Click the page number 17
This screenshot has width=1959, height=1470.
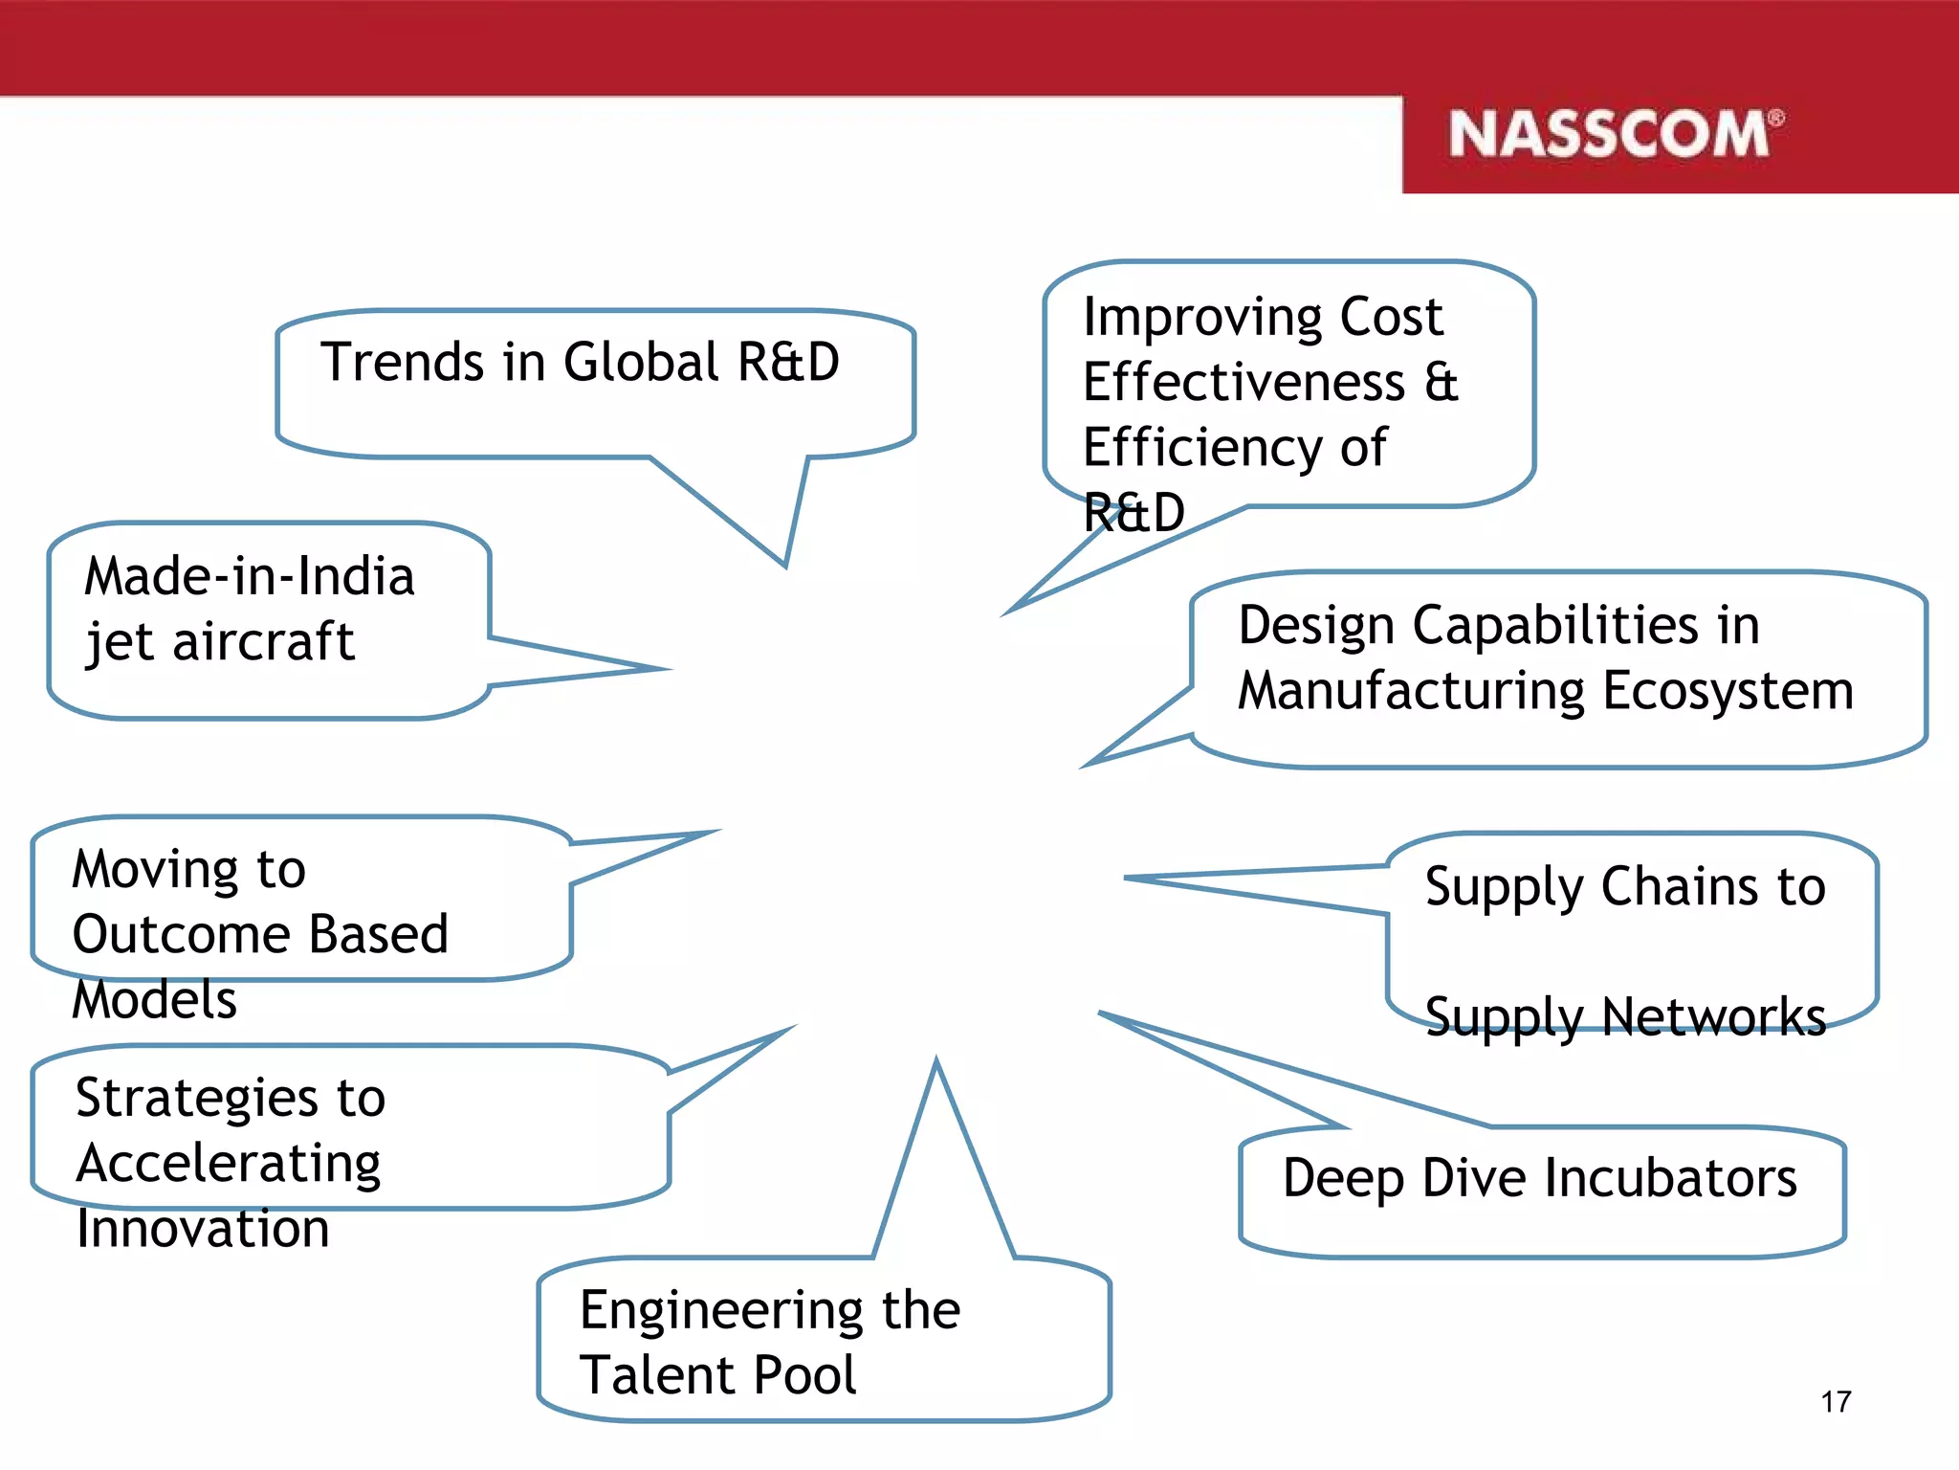point(1836,1402)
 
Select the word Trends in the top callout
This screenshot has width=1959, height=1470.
point(403,363)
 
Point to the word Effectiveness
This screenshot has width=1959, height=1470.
point(1244,383)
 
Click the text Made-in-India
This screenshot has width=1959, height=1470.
point(250,577)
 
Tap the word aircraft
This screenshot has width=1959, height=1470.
point(263,641)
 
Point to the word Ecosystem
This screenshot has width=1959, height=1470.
point(1728,691)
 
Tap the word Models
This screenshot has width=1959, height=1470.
point(155,1000)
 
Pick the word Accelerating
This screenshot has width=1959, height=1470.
point(229,1165)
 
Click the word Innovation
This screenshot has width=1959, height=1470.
point(203,1229)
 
